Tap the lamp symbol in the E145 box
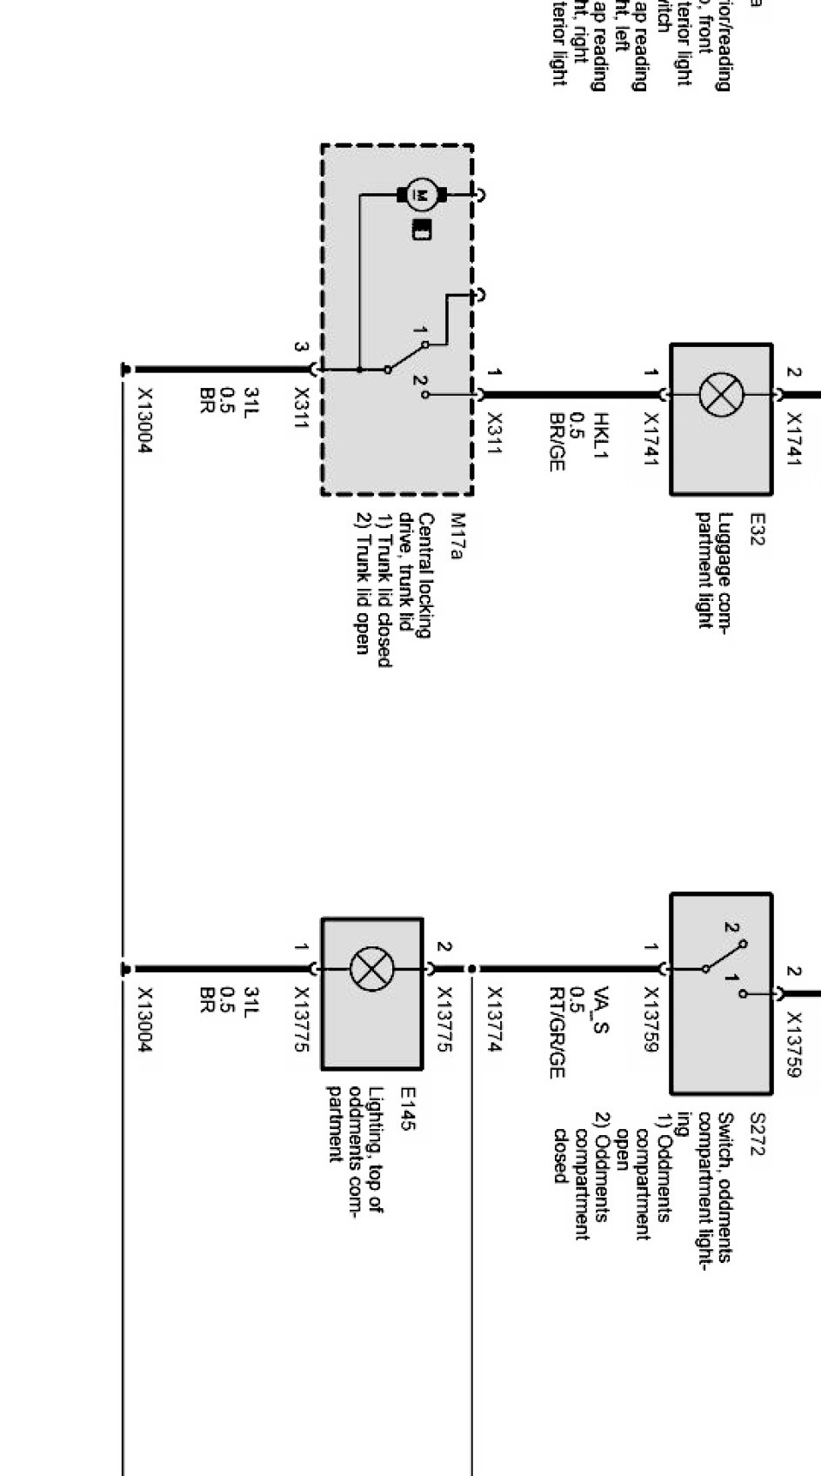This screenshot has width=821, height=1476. pos(371,969)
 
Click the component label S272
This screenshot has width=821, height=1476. pos(755,1134)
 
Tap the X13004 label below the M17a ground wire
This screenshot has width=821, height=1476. pos(144,421)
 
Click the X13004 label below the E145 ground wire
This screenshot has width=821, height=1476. pos(144,1019)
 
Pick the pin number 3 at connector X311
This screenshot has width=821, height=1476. pos(300,347)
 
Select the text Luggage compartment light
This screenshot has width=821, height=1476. pos(712,570)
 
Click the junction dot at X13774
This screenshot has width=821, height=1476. pos(471,968)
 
